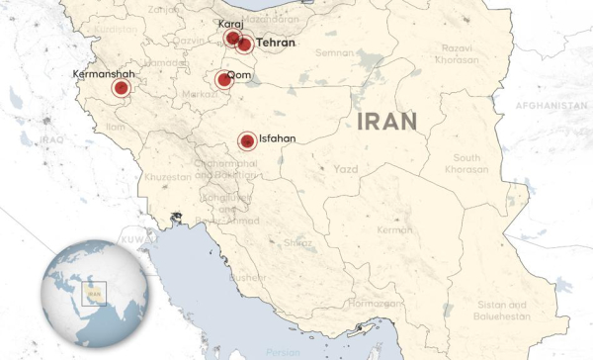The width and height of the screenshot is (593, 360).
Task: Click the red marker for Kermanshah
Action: click(121, 89)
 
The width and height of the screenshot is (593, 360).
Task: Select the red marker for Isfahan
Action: click(246, 142)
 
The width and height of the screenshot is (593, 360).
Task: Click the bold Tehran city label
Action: click(276, 44)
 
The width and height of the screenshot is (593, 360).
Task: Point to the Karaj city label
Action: click(229, 24)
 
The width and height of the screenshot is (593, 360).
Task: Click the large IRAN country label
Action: click(386, 121)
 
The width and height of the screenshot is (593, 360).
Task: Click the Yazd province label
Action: click(345, 170)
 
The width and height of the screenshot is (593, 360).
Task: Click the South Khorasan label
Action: click(467, 164)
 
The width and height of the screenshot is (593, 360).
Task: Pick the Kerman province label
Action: click(394, 230)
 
